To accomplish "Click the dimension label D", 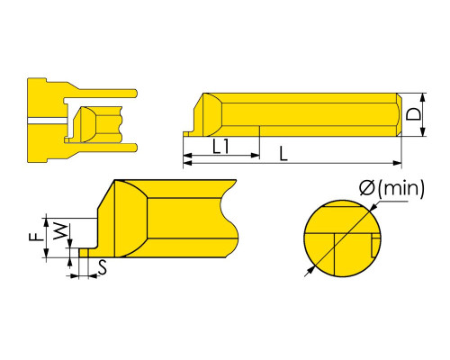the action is [413, 114].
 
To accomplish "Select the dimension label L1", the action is [221, 147].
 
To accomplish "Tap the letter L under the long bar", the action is [283, 154].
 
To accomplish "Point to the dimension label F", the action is [37, 238].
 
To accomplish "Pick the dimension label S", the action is [103, 267].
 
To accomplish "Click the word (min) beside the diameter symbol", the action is [401, 188].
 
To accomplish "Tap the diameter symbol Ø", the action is [367, 188].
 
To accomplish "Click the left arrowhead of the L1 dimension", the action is [187, 156].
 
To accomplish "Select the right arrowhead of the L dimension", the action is [398, 163].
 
